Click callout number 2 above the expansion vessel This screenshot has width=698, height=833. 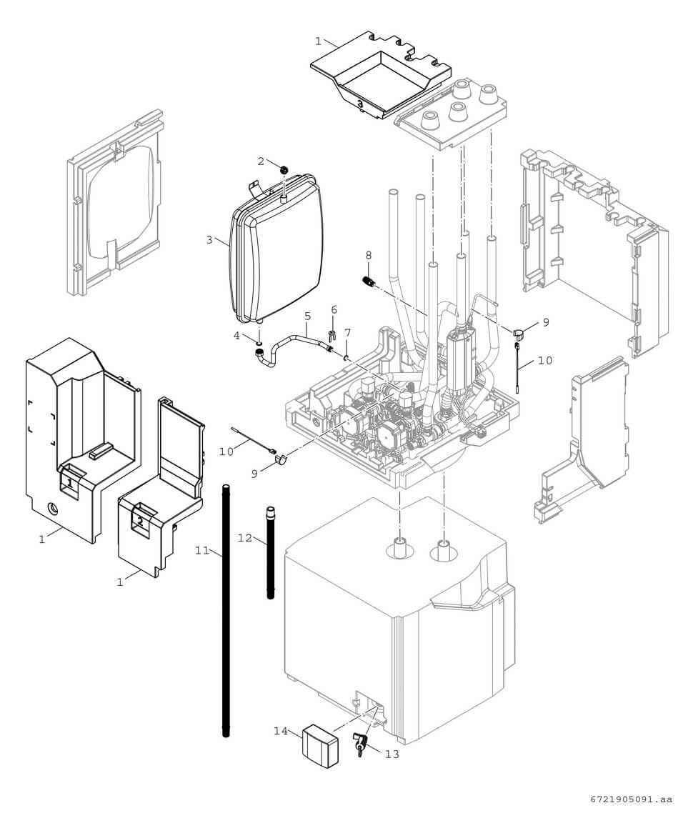coord(261,161)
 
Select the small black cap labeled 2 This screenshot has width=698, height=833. coord(284,170)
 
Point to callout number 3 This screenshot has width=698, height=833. coord(209,240)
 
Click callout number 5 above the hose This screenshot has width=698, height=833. coord(308,315)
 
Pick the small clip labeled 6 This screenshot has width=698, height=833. coord(332,334)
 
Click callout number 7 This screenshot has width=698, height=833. coord(348,333)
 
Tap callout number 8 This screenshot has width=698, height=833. coord(369,254)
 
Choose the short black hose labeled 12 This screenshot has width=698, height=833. coord(271,554)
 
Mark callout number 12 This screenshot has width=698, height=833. coord(245,537)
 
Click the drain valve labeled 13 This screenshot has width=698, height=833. coord(359,743)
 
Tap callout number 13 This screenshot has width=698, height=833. coord(391,754)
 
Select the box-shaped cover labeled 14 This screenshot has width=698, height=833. coord(319,745)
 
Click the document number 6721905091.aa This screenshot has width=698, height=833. coord(631,799)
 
